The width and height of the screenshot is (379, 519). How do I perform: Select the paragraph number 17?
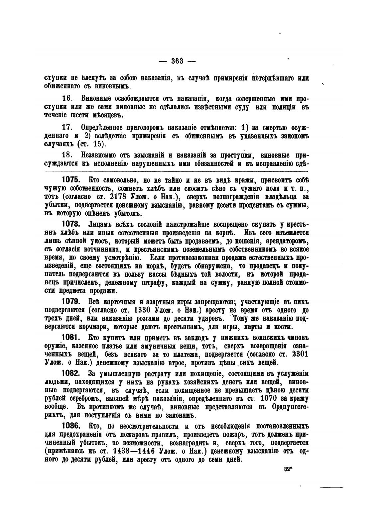(x=67, y=128)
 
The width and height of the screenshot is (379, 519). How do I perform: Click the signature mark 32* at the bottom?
(x=288, y=469)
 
